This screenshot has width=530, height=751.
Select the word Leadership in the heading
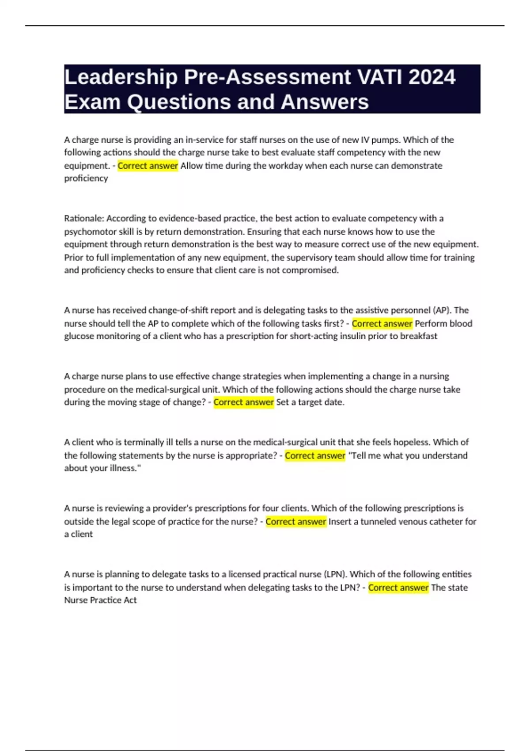121,78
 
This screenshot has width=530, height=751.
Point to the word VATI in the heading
380,77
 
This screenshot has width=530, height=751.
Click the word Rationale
83,218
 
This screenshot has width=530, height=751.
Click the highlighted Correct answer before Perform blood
382,323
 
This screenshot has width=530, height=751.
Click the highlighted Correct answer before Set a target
243,402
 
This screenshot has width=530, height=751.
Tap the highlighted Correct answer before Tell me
315,455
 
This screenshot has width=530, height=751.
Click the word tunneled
378,521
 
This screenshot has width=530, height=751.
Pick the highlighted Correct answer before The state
398,588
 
